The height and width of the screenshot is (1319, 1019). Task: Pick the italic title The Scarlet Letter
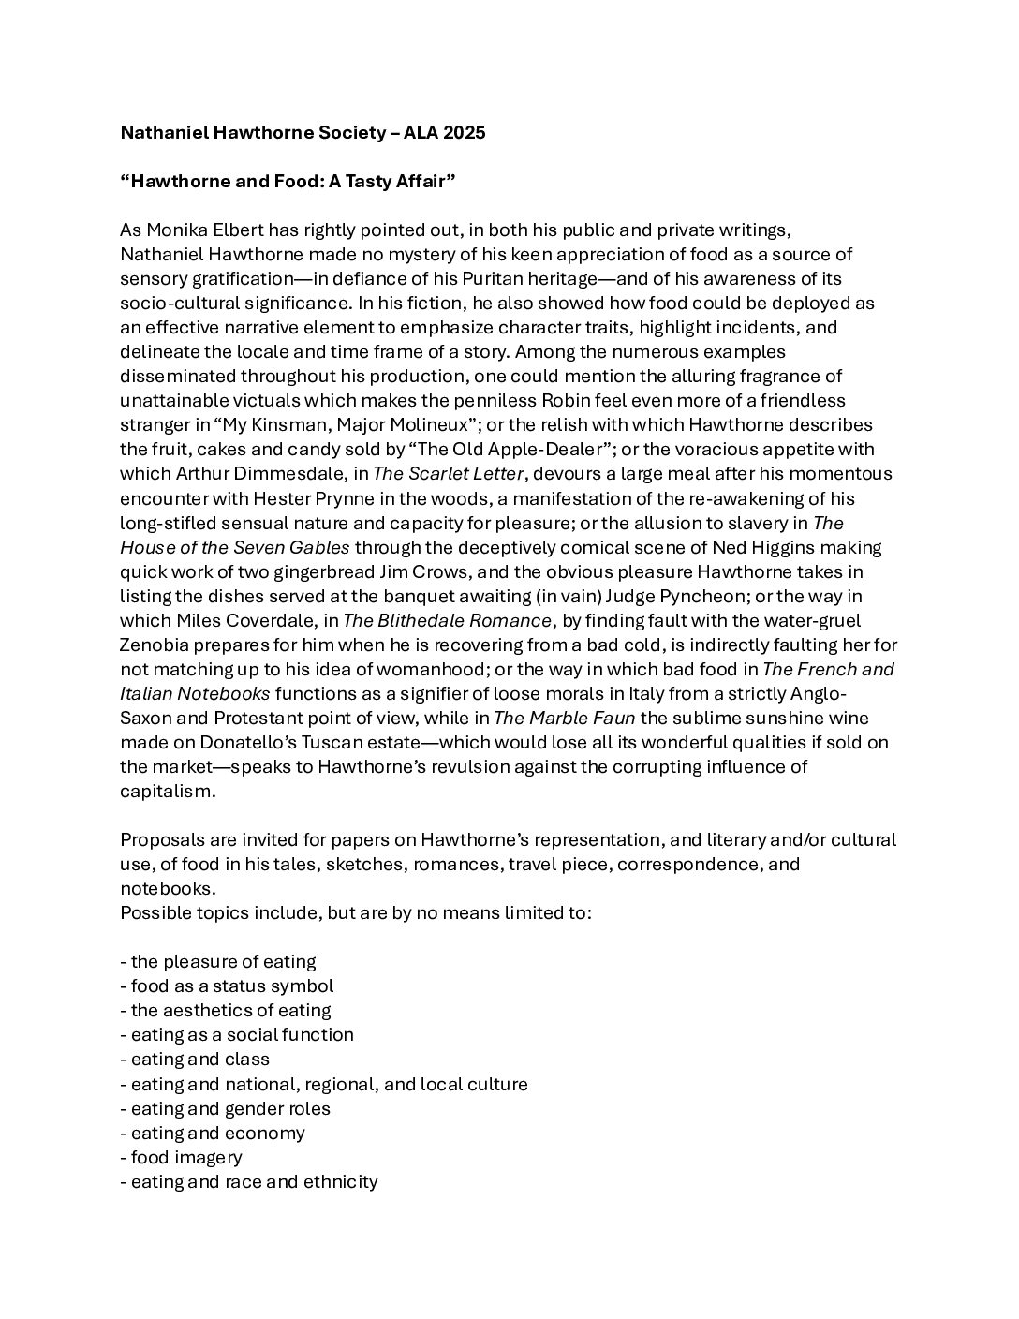448,473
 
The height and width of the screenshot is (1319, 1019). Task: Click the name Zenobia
156,645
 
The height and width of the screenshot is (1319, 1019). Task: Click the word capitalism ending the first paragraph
167,792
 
